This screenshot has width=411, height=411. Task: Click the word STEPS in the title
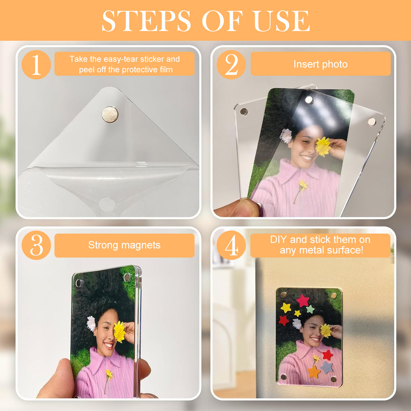[146, 21]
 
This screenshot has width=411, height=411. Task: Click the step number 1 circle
[36, 65]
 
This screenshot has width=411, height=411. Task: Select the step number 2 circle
[231, 65]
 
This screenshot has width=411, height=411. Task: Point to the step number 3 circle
[36, 245]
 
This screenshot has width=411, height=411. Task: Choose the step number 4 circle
[231, 245]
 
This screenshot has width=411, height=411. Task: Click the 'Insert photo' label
[321, 64]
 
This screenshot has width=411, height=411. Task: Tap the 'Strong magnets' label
[124, 245]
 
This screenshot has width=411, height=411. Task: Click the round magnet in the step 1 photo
[110, 115]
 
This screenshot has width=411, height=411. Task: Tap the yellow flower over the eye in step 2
[323, 146]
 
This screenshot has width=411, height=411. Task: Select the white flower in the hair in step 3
[91, 324]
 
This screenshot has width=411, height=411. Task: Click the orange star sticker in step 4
[314, 372]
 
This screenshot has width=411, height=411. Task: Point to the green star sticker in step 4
[310, 309]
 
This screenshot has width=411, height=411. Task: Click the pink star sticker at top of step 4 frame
[302, 300]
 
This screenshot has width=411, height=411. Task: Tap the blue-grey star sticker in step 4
[326, 368]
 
